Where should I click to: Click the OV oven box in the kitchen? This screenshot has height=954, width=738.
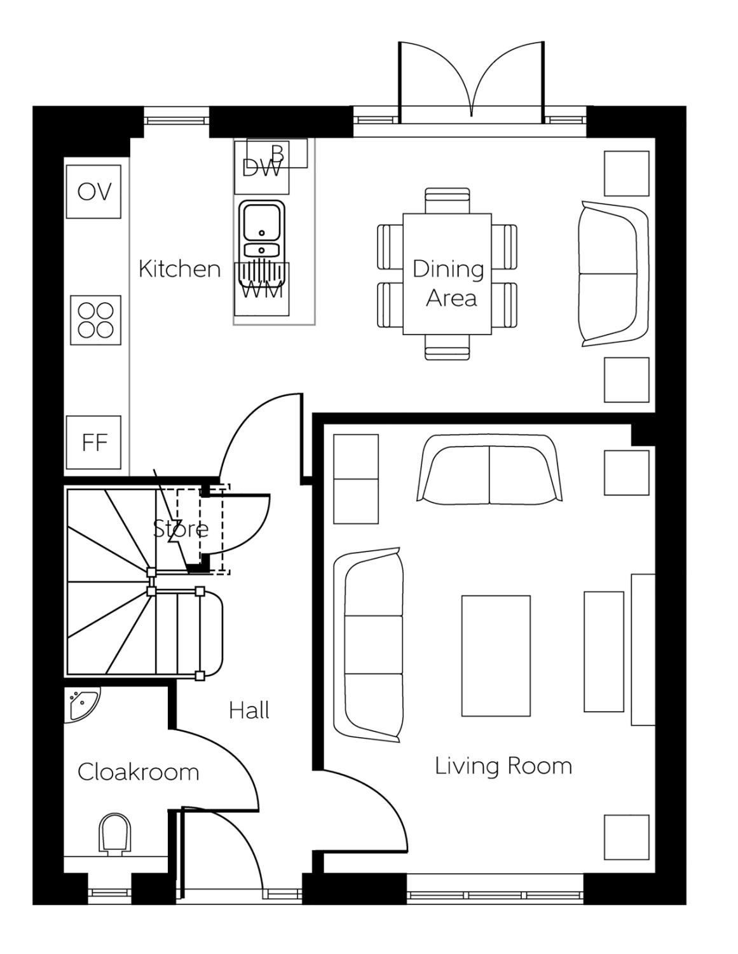click(x=93, y=191)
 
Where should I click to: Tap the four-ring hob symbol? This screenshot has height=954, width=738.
click(x=95, y=320)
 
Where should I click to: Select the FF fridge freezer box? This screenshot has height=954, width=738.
click(x=93, y=443)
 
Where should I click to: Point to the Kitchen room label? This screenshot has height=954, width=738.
click(x=179, y=269)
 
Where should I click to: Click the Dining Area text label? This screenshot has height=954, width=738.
click(x=449, y=283)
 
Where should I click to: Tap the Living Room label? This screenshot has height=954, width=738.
click(x=503, y=765)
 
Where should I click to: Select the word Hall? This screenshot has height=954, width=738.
click(x=249, y=710)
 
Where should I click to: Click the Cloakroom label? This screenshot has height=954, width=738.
click(x=138, y=772)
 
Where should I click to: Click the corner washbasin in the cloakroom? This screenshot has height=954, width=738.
click(x=81, y=703)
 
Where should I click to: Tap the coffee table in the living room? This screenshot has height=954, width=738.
click(x=495, y=655)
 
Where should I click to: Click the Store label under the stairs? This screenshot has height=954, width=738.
click(x=181, y=529)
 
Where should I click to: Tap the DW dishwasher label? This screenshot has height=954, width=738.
click(x=261, y=169)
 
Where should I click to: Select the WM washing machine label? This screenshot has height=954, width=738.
click(x=262, y=291)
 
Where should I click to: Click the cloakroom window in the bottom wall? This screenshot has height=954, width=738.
click(x=109, y=893)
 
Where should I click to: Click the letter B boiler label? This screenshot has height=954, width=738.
click(x=278, y=153)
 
